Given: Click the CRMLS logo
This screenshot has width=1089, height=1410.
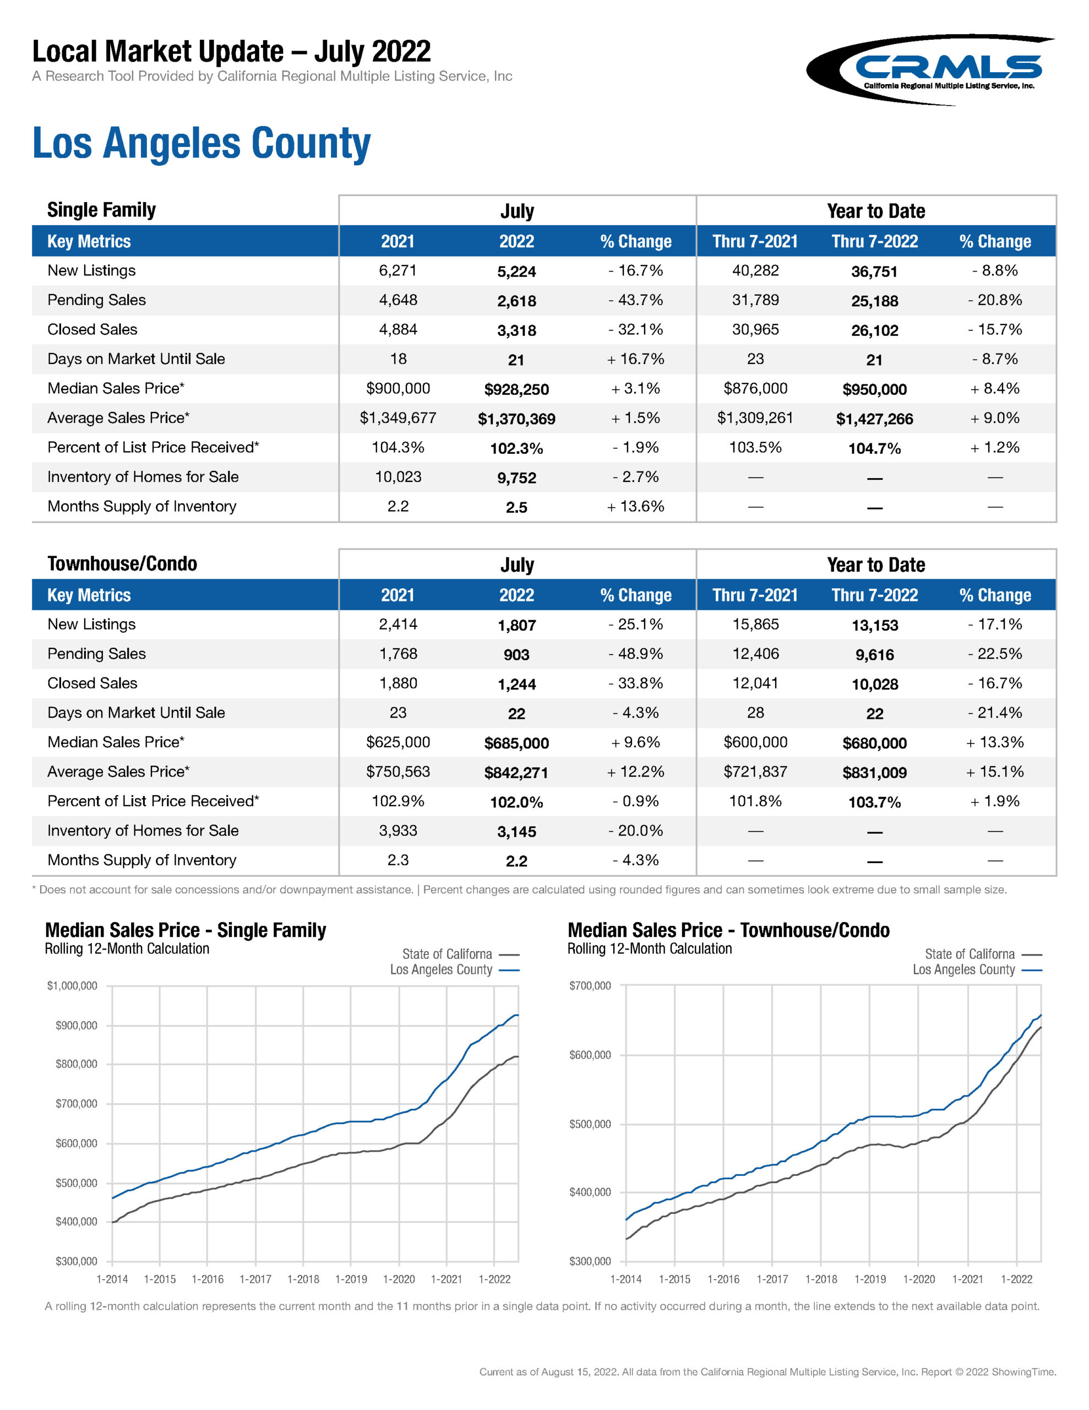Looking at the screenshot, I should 929,70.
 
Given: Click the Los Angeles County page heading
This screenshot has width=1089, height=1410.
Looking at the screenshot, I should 202,143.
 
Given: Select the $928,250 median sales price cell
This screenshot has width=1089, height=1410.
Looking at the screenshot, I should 516,389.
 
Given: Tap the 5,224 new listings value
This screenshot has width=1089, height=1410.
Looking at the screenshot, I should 516,272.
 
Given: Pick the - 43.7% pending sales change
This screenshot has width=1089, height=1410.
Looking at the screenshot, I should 635,300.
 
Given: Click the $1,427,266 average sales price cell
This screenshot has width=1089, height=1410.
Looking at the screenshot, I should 874,419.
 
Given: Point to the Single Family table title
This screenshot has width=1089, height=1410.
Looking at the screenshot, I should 101,210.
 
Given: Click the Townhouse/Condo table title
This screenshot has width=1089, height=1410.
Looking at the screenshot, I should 122,563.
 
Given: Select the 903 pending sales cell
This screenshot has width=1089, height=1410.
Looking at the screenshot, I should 516,655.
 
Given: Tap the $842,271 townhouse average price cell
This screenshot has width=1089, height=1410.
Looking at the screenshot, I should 516,773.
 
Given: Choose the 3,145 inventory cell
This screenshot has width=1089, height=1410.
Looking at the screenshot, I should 516,832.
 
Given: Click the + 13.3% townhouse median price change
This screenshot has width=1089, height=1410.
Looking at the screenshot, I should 995,742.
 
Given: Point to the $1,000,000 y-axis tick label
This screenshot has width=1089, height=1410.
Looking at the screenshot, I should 72,986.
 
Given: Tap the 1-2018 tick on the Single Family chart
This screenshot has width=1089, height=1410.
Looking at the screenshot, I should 303,1279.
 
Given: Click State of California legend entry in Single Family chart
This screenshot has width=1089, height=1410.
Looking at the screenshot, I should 460,954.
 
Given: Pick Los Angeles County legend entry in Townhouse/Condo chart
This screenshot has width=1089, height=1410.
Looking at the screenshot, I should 976,970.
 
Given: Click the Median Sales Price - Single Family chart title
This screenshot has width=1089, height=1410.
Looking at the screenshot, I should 186,930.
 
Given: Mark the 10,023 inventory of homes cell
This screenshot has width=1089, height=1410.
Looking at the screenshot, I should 398,477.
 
